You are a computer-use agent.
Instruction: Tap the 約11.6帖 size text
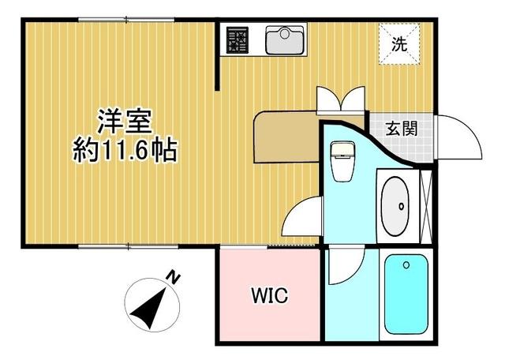(x=125, y=148)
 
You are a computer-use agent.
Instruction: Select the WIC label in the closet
(x=270, y=296)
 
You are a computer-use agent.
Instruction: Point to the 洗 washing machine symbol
(x=400, y=44)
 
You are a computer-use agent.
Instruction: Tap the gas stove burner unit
(x=238, y=39)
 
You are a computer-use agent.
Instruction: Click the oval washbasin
(x=395, y=205)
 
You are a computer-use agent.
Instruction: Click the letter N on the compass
(x=172, y=278)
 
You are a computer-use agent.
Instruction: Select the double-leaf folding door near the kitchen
(x=341, y=99)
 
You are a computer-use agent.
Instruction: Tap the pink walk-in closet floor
(x=270, y=316)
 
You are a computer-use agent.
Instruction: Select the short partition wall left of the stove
(x=218, y=55)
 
